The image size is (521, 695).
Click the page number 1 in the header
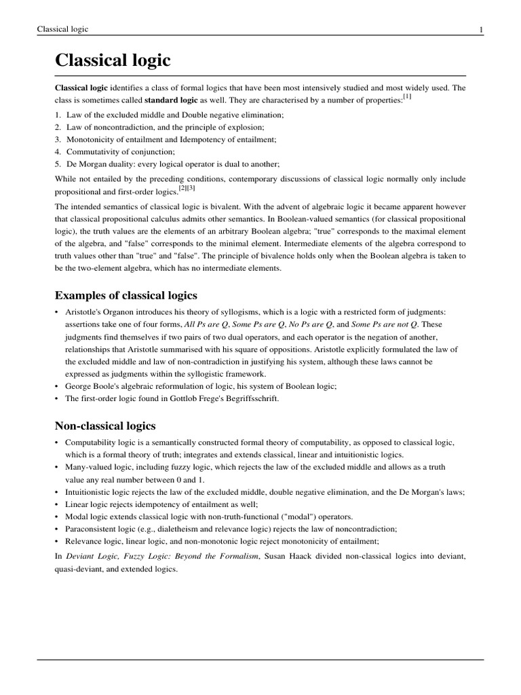480,29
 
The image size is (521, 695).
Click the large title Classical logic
113,60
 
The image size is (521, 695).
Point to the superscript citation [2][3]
187,187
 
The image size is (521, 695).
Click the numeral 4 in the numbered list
58,151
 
